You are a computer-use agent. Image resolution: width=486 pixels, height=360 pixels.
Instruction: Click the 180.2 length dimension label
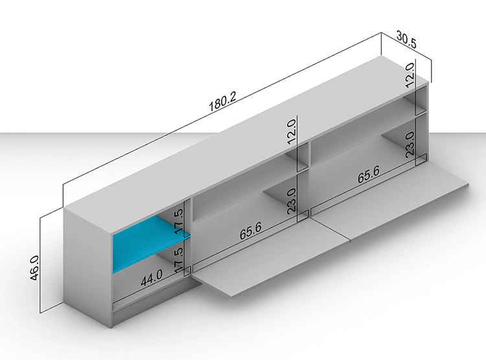point(222,101)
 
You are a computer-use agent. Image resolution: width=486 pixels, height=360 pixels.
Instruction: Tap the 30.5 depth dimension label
point(406,40)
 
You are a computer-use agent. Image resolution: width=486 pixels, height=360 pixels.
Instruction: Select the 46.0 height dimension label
point(34,268)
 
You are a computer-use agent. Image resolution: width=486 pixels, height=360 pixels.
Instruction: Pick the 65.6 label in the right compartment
point(369,175)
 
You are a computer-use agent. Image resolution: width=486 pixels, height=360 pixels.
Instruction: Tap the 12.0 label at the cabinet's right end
point(410,75)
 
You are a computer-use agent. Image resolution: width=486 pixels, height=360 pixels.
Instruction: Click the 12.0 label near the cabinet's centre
point(292,132)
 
